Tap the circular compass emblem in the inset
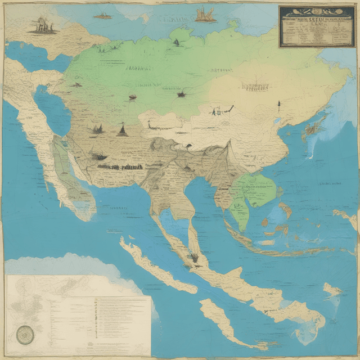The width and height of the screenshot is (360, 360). [25, 335]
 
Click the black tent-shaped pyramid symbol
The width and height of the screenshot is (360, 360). [122, 130]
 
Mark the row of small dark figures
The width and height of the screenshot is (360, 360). [126, 166]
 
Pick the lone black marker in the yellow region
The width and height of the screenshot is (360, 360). [278, 103]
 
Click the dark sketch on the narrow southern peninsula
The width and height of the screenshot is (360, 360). [195, 258]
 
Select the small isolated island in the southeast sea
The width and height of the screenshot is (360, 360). [332, 290]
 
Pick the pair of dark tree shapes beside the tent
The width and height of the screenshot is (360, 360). [98, 129]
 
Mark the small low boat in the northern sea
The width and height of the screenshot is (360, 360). [102, 16]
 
